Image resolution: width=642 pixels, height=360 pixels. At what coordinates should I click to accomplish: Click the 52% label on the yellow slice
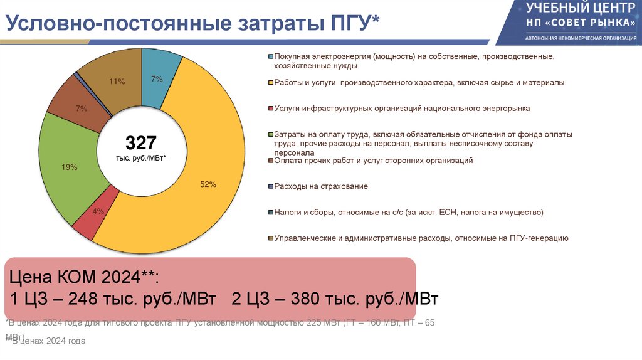[208, 184]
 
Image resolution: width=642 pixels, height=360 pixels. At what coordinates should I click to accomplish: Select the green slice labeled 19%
[69, 167]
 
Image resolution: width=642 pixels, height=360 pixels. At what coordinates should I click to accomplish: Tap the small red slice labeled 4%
[97, 212]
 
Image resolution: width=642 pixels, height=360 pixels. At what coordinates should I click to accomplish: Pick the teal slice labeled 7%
[157, 79]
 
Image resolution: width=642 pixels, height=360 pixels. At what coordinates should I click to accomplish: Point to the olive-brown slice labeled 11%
[117, 82]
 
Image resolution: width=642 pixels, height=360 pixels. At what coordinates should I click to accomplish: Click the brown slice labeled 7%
[81, 109]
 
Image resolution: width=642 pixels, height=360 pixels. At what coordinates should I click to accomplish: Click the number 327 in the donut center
[141, 142]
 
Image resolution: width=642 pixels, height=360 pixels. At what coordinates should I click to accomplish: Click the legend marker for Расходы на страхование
[270, 186]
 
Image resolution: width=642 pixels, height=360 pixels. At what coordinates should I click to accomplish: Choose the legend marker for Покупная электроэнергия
[270, 56]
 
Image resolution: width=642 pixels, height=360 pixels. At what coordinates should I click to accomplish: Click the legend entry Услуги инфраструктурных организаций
[402, 109]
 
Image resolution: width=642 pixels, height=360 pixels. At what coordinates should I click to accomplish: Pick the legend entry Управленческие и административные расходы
[421, 238]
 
